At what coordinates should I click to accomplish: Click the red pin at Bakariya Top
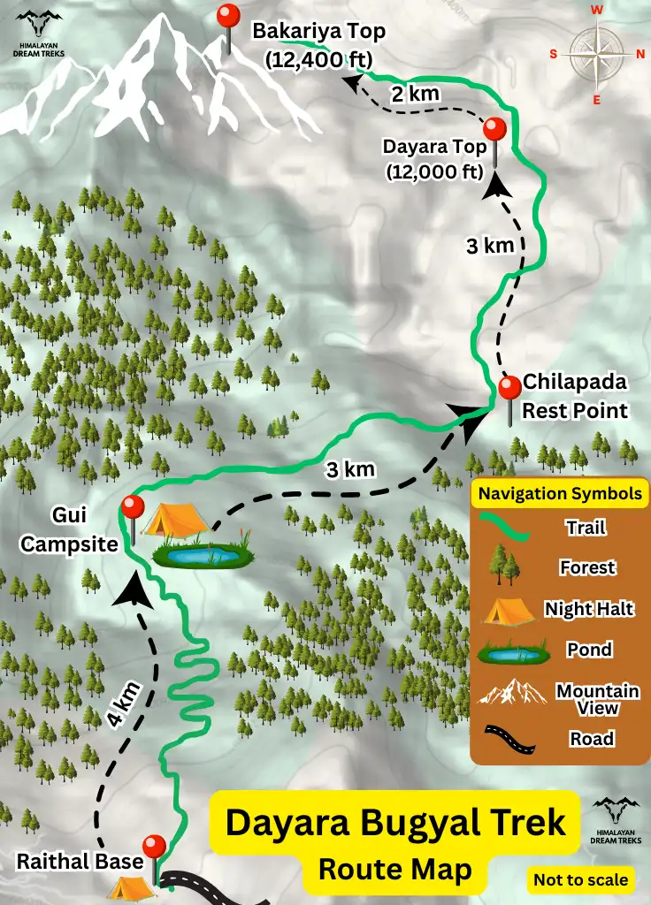(229, 17)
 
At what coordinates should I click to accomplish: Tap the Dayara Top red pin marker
(495, 129)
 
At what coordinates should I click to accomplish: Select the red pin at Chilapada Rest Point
(509, 388)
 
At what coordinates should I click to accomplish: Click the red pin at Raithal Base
(155, 846)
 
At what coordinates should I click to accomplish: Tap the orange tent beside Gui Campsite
(176, 521)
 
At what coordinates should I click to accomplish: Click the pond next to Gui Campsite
(202, 555)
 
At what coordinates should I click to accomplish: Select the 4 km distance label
(123, 703)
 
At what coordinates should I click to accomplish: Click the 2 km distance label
(415, 92)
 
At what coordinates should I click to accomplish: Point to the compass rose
(596, 52)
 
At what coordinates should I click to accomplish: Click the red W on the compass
(597, 10)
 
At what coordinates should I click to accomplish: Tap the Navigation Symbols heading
(560, 493)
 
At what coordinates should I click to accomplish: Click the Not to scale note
(581, 879)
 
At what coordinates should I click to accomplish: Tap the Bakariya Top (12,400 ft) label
(318, 45)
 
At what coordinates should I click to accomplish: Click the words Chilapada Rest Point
(575, 396)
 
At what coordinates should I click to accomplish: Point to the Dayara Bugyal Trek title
(394, 822)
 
